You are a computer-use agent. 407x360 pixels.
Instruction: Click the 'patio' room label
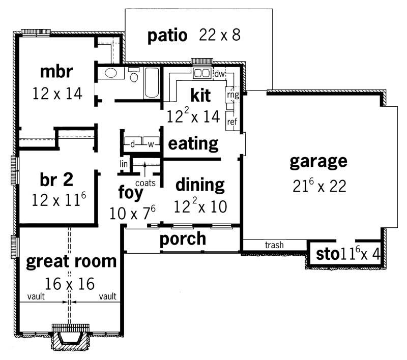click(x=167, y=36)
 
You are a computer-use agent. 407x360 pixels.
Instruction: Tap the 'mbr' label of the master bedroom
click(x=56, y=72)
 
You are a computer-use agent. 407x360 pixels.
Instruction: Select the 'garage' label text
click(x=318, y=162)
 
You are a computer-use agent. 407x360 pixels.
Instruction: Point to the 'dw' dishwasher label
click(x=219, y=74)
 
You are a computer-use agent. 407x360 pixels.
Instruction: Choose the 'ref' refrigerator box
click(x=232, y=122)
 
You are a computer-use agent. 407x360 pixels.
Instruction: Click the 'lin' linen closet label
click(x=124, y=164)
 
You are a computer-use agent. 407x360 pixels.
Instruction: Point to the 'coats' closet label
click(x=145, y=182)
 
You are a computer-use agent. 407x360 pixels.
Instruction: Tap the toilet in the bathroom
click(x=134, y=76)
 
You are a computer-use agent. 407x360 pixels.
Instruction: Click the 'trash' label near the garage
click(x=274, y=246)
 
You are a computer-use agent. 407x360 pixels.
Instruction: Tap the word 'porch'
click(x=183, y=238)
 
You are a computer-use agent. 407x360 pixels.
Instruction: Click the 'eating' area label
click(x=193, y=143)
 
